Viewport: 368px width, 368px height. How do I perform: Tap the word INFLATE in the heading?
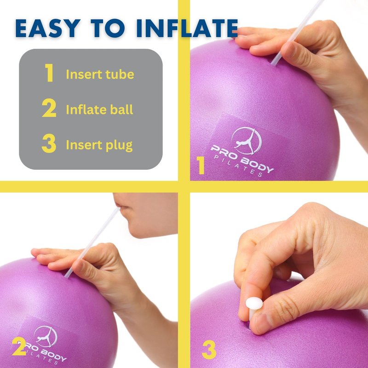(x=187, y=29)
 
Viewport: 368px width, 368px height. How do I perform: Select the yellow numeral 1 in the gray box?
(x=49, y=73)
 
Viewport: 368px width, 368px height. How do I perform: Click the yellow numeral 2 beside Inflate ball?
(x=49, y=108)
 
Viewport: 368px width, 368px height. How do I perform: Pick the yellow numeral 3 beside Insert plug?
(x=49, y=143)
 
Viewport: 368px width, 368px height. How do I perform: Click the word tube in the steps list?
(x=120, y=75)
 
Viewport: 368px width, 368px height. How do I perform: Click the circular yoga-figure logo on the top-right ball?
(x=247, y=140)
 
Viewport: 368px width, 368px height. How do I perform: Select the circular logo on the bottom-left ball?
(x=46, y=337)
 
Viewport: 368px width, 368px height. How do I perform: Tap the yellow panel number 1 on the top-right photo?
(x=201, y=165)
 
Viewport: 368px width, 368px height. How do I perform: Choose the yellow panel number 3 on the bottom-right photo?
(x=209, y=350)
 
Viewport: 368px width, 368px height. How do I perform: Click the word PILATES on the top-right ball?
(x=238, y=167)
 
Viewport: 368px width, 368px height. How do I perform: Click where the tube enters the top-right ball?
(x=272, y=64)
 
